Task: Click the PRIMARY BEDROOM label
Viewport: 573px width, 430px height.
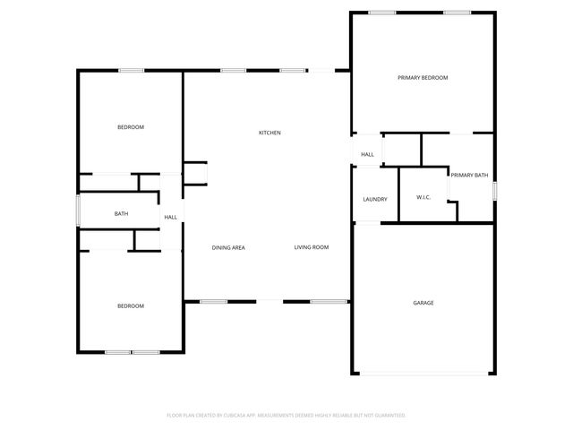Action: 423,78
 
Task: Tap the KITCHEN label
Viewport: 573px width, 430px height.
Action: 269,133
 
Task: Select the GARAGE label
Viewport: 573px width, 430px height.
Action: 423,303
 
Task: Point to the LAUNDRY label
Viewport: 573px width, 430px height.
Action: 374,199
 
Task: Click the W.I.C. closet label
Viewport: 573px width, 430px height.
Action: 423,197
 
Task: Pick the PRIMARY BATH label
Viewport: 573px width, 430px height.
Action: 469,175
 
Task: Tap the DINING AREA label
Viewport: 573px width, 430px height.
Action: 228,247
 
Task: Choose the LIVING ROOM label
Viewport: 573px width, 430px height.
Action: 312,247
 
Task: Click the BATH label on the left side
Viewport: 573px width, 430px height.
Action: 121,213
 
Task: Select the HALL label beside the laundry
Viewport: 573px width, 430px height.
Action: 367,155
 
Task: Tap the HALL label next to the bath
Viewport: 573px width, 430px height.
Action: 170,217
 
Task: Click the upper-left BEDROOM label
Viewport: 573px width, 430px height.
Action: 131,127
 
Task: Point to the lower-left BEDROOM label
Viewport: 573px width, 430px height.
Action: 131,306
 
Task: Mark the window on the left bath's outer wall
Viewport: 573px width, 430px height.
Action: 78,212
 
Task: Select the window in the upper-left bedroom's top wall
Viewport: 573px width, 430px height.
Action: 131,71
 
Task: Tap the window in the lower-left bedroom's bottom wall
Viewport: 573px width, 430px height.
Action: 132,352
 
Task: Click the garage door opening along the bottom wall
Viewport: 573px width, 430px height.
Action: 423,374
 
